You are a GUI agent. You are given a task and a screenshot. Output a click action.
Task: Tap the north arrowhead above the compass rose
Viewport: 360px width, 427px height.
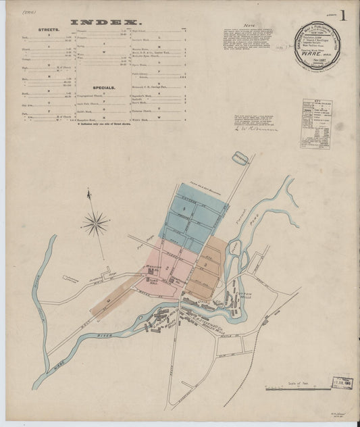89,194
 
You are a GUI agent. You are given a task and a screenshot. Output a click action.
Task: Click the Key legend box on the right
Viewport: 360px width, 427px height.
315,124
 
